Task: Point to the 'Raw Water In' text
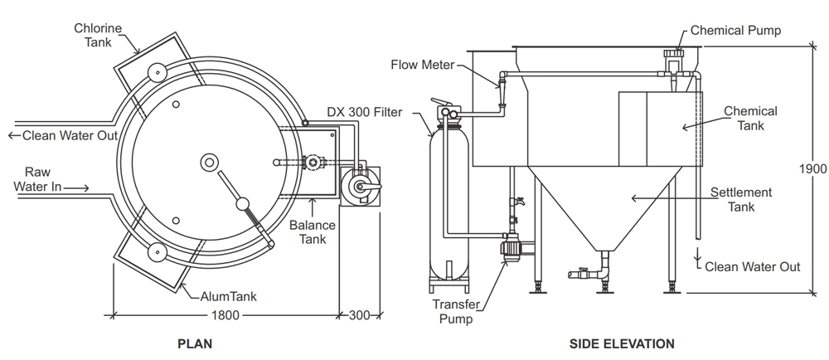click(x=37, y=179)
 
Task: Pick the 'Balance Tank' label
click(x=313, y=232)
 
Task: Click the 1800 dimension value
click(x=225, y=316)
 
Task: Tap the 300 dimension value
click(x=360, y=316)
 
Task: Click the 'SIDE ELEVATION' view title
click(x=622, y=343)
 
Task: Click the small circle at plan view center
click(x=209, y=163)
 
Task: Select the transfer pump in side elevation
click(x=513, y=247)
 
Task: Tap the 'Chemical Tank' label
click(x=749, y=118)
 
